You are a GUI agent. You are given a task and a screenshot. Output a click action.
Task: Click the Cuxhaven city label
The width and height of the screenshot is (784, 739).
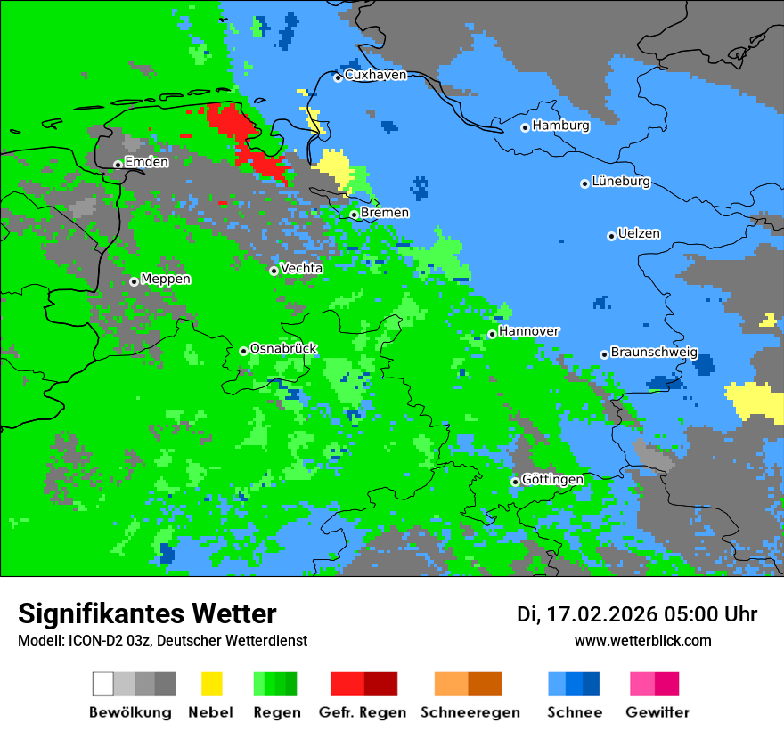tap(375, 75)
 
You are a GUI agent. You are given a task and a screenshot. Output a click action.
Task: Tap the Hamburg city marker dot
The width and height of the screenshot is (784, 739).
tap(526, 127)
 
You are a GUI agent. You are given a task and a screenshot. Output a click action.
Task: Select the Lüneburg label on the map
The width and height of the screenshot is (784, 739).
tap(621, 182)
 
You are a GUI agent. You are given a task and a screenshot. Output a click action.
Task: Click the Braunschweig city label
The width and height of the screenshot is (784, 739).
tap(654, 353)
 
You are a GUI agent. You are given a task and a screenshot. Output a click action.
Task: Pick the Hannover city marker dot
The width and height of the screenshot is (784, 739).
tap(492, 334)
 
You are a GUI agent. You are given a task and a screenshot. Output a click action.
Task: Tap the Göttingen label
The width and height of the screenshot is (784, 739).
tap(552, 480)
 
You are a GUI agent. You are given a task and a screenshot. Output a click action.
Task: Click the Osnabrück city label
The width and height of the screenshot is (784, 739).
tap(283, 349)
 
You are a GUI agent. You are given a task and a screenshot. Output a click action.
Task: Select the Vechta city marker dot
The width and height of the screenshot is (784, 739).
tap(274, 271)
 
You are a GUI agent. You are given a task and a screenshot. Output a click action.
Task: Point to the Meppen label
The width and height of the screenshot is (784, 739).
tap(166, 280)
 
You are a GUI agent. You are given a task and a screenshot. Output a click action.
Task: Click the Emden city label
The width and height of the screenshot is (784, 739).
tap(146, 162)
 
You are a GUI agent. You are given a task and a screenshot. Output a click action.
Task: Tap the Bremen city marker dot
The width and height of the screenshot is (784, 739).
tap(354, 215)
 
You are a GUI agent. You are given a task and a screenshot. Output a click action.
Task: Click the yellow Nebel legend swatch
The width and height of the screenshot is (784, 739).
tap(211, 684)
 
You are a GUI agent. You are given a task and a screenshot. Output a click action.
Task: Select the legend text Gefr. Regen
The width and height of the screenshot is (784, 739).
tap(363, 712)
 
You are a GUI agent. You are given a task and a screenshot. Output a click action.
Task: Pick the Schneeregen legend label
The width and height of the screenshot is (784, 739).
tap(470, 712)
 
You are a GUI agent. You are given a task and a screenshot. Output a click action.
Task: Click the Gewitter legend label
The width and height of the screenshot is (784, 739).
tap(657, 712)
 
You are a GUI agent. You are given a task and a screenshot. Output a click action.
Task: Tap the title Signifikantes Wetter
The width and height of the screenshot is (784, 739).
tap(147, 614)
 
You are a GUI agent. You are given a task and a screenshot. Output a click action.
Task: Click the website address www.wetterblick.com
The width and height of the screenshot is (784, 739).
tap(642, 641)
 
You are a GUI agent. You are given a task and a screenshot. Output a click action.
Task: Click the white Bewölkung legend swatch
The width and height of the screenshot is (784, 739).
tap(103, 684)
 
